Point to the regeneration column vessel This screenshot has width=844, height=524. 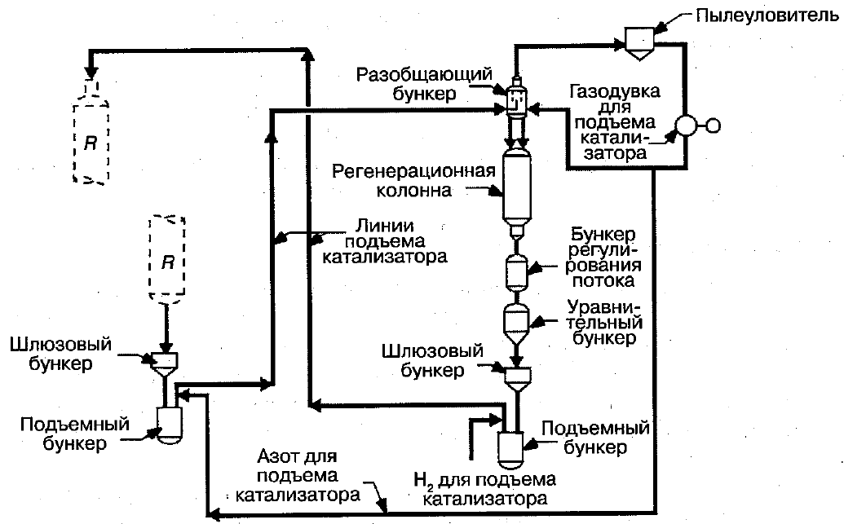515,188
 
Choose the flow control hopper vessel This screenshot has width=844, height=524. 515,271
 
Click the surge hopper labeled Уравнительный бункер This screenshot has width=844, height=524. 515,324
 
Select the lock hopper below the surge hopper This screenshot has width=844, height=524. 516,376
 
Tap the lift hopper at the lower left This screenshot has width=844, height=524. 169,421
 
